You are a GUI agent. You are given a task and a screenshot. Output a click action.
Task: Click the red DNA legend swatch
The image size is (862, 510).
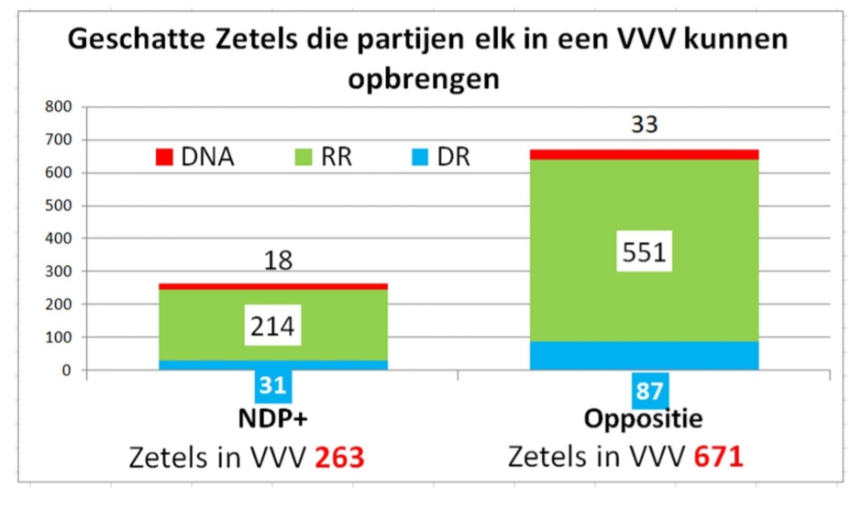[164, 157]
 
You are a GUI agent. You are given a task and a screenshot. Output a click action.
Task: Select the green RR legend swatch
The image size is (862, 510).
[300, 157]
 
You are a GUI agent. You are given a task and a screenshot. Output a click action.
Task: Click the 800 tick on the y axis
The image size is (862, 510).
[59, 106]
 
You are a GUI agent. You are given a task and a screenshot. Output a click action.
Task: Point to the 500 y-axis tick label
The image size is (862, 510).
[59, 205]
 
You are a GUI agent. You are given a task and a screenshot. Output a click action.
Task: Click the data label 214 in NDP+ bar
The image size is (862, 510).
[272, 327]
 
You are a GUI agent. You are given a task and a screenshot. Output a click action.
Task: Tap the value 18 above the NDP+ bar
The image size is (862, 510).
[278, 261]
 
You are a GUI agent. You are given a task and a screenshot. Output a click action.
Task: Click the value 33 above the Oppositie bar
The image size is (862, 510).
[645, 126]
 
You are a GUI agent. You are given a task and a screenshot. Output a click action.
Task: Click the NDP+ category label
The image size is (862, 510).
[273, 421]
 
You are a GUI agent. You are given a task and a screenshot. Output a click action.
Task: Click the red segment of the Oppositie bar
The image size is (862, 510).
[644, 154]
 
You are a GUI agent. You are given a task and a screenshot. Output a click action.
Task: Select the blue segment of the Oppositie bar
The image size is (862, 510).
[644, 356]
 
